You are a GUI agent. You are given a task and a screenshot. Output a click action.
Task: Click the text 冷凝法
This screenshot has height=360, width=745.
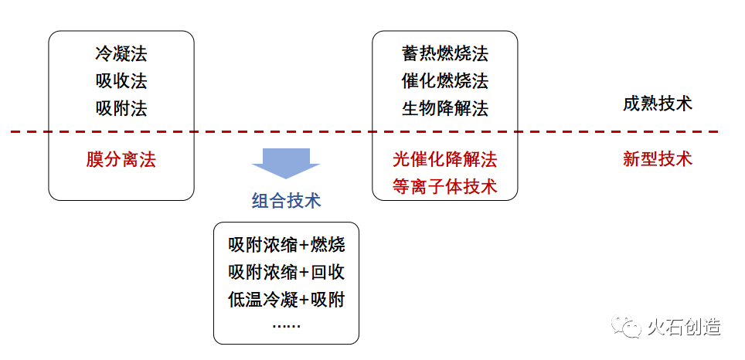point(121,53)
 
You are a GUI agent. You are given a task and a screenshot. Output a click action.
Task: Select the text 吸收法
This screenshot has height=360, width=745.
point(121,81)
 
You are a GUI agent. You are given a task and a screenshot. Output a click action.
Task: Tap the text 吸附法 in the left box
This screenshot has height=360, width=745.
point(121,109)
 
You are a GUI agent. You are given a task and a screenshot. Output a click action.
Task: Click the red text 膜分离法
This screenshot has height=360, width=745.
point(121,160)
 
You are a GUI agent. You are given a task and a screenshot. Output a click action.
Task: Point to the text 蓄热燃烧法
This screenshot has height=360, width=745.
point(444,53)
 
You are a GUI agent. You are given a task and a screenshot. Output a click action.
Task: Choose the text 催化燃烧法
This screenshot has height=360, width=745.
point(444,81)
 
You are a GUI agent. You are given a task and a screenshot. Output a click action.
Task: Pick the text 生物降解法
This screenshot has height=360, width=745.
point(444,109)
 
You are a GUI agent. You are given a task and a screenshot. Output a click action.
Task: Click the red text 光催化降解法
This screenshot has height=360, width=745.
point(444,160)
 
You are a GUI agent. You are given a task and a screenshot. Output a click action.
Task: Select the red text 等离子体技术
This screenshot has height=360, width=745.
point(444,186)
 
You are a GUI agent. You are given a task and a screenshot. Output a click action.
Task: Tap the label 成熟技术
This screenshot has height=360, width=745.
point(658,104)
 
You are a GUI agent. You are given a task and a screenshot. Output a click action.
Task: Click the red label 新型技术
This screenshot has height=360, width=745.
point(658,159)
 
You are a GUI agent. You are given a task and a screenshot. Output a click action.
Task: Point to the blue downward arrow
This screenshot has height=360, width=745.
point(286,163)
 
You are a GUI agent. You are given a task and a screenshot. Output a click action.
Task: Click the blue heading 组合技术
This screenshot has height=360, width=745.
point(287,200)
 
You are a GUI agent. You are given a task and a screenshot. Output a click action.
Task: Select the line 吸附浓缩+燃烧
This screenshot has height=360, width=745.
point(287,246)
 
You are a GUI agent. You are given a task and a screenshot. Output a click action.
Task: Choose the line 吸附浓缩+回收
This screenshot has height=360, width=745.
point(287,273)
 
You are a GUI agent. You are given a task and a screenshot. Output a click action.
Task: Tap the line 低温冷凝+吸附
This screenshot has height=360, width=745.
point(287,301)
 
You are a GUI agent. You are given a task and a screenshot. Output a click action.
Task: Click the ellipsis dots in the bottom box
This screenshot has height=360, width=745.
point(287,326)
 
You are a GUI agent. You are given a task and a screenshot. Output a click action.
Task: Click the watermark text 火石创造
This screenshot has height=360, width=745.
point(684,328)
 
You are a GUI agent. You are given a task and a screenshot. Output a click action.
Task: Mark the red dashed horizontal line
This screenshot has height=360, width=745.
point(364,131)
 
